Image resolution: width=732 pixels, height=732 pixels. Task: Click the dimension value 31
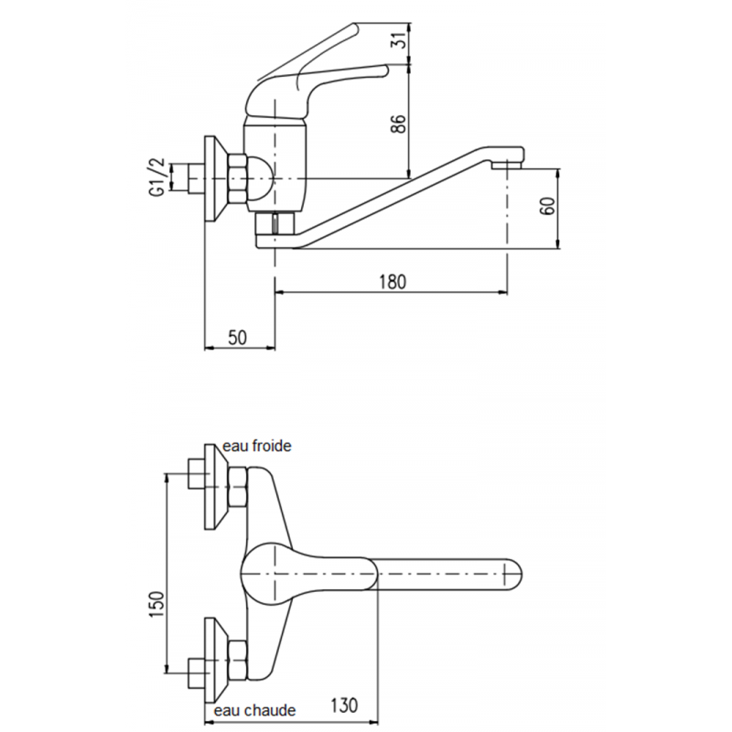(x=397, y=41)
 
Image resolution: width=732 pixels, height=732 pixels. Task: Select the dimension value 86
(x=399, y=124)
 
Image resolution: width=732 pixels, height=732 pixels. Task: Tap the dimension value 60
(x=548, y=206)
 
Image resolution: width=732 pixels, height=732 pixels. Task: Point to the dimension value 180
(x=393, y=282)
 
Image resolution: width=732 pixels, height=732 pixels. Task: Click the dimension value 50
(x=238, y=338)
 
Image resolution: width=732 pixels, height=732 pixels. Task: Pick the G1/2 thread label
(x=158, y=176)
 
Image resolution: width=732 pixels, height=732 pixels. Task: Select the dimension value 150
(x=157, y=605)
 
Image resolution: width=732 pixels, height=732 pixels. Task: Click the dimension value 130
(x=344, y=705)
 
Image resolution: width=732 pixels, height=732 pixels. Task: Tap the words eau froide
(x=257, y=446)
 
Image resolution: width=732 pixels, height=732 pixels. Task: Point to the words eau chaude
(x=254, y=711)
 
